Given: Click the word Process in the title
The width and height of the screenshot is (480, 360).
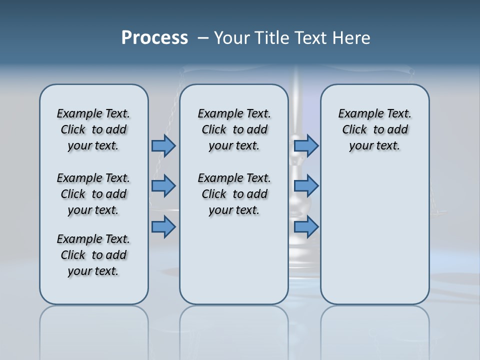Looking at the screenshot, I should click(154, 38).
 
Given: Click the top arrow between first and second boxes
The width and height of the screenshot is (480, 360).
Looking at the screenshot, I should click(163, 145).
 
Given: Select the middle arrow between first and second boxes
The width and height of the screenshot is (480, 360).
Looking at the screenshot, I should click(163, 186).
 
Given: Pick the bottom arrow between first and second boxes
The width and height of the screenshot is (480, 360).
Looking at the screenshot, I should click(163, 227).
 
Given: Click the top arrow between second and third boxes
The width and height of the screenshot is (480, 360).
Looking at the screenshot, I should click(306, 145).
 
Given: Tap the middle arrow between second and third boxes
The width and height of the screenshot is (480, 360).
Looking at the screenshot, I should click(306, 186).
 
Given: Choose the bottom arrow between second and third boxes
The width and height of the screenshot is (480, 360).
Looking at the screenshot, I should click(306, 227).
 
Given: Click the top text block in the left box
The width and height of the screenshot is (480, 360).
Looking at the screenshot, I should click(93, 129).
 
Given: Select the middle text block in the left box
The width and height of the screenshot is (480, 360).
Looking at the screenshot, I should click(93, 194).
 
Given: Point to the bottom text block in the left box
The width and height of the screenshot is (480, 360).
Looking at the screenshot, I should click(93, 255).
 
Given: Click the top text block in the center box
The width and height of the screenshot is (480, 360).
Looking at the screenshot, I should click(234, 129).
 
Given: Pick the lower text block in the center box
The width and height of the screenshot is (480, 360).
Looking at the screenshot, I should click(234, 194).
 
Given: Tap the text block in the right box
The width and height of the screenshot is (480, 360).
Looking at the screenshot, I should click(374, 129).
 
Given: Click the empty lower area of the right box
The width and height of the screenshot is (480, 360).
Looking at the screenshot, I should click(374, 235).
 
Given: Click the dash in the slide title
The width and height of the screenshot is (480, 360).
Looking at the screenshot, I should click(203, 38).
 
